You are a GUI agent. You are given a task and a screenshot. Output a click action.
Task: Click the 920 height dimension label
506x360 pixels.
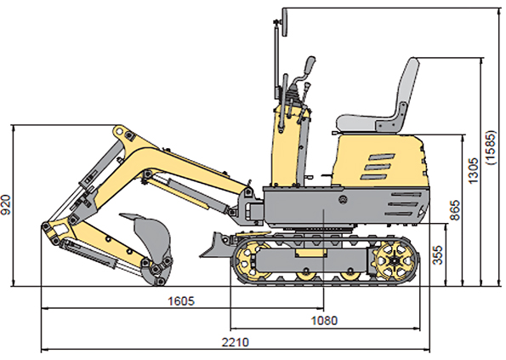(x=6, y=205)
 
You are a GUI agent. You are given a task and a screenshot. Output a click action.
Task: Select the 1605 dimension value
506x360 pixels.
(x=181, y=301)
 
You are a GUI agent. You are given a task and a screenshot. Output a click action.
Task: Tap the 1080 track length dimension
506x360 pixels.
(x=324, y=321)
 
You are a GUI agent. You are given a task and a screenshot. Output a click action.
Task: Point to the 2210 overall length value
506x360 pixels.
(x=236, y=342)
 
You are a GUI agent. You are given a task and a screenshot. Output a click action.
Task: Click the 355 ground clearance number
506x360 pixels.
(x=437, y=255)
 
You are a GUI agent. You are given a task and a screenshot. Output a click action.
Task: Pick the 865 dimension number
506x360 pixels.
(x=455, y=210)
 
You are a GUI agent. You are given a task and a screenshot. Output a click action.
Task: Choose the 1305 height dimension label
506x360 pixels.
(x=473, y=171)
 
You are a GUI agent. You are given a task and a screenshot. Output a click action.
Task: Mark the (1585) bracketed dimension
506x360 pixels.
(x=491, y=148)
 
